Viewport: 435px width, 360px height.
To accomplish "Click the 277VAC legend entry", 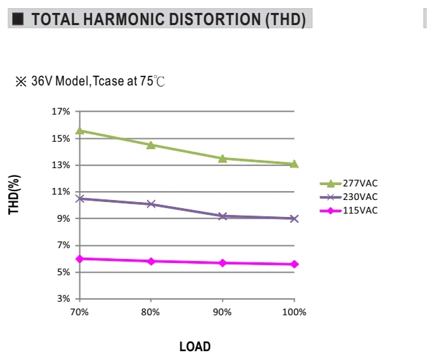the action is tap(349, 184).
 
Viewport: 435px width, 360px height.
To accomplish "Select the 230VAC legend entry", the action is tap(349, 197).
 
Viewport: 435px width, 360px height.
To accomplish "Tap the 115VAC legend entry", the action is tap(349, 211).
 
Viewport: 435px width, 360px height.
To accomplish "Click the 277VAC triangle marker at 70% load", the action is tap(80, 130).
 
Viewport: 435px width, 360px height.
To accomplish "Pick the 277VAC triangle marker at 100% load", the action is tap(294, 164).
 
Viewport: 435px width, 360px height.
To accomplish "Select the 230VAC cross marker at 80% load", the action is tap(151, 204).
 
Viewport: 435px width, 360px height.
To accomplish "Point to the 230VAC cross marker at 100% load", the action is tap(294, 219).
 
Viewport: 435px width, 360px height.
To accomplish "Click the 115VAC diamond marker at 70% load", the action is tap(80, 259).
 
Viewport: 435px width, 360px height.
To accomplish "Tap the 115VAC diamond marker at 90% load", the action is tap(222, 263).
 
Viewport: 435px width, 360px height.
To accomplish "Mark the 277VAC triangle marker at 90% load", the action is tap(222, 159).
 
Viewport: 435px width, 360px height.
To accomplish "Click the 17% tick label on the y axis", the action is tap(61, 112).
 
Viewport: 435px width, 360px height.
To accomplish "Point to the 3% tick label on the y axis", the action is tap(64, 299).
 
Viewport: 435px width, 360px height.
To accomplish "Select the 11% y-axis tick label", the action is tap(61, 191).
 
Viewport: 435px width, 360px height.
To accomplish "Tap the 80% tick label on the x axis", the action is tap(150, 313).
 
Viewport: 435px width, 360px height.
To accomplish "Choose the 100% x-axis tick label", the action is tap(294, 313).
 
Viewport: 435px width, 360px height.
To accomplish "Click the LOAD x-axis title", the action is tap(195, 346).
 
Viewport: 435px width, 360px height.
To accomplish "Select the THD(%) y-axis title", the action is tap(14, 195).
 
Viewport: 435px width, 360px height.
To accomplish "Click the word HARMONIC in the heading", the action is tap(123, 19).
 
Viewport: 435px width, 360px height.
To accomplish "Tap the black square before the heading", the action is tap(18, 19).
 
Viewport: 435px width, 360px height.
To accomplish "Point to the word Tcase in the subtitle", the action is tap(108, 81).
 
